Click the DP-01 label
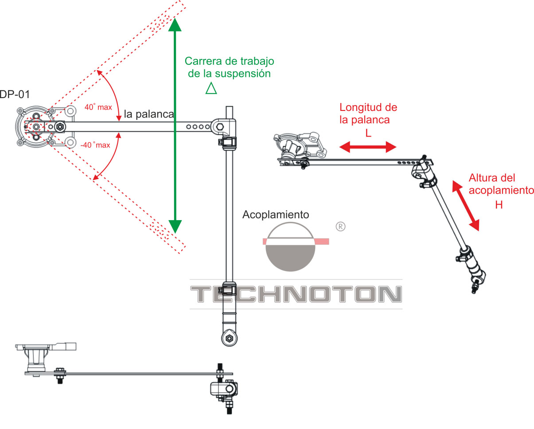[15, 94]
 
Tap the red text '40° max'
[98, 107]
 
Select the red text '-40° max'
[95, 145]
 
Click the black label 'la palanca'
[149, 114]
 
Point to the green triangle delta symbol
[211, 88]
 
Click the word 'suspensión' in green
[242, 74]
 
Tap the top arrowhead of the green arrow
[175, 25]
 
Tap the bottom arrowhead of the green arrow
[175, 227]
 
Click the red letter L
[368, 134]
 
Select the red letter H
[499, 205]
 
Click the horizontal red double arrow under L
[368, 147]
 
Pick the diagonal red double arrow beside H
[465, 206]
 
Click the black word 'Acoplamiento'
[276, 215]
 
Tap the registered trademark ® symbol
[340, 227]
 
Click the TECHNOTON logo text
[296, 294]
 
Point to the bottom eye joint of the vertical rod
[229, 338]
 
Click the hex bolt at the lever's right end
[220, 127]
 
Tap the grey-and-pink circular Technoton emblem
[290, 246]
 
